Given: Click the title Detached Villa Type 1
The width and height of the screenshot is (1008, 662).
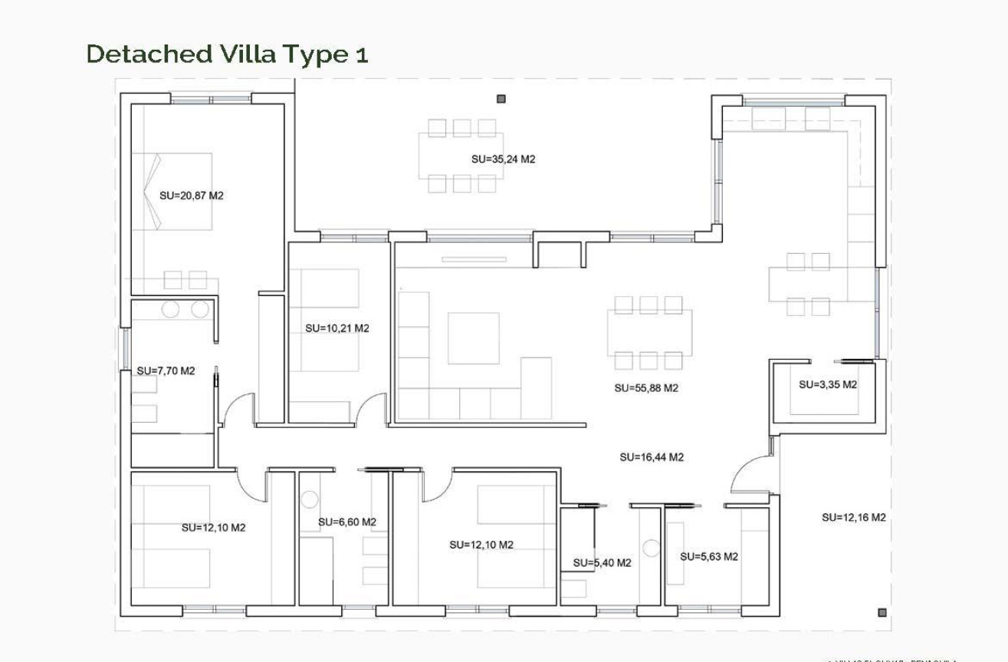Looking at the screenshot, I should coord(227,54).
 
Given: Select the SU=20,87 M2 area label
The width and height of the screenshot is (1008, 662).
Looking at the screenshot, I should coord(191,196).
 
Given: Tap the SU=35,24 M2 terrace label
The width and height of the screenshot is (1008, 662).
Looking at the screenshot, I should coord(503,160).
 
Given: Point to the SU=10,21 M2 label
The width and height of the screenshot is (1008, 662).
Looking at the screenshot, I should coord(337,328).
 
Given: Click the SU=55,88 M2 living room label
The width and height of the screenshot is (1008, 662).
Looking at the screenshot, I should coord(646,388).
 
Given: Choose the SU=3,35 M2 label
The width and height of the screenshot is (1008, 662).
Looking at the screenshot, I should coord(828,384).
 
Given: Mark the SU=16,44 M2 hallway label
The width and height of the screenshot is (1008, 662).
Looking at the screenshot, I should coord(652,457).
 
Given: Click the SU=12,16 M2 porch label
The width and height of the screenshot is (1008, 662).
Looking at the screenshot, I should coord(854,518).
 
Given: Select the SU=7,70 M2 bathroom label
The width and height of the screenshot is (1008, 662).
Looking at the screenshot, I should coord(166,371).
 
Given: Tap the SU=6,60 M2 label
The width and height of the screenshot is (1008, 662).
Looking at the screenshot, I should coord(347,522).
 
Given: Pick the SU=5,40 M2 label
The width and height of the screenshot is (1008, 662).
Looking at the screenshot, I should coord(602,563).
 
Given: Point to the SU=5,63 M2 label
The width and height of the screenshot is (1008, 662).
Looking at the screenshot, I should coord(709,557).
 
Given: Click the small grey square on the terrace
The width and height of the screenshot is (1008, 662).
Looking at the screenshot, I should coord(501,98).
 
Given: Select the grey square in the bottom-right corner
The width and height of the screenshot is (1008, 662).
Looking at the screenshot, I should coord(882,612).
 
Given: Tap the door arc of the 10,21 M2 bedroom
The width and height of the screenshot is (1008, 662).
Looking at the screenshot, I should coord(372,408).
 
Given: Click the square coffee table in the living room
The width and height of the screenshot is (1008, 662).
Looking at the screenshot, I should coord(473,338).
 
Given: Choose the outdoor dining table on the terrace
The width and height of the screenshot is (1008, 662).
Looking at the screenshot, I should coord(461,156).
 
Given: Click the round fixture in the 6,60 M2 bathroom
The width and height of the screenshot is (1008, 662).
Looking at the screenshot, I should coord(309,499).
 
